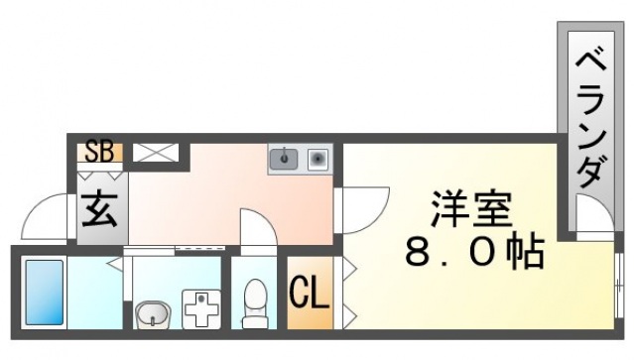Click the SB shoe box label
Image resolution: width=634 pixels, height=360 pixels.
pyautogui.click(x=99, y=153)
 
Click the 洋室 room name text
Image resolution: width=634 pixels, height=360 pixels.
pyautogui.click(x=470, y=208)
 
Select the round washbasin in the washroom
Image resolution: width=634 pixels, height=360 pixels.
pyautogui.click(x=151, y=313)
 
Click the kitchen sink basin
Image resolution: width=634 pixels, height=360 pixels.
pyautogui.click(x=285, y=157)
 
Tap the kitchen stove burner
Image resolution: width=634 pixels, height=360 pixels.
pyautogui.click(x=317, y=157)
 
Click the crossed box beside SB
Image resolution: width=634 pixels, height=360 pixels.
pyautogui.click(x=153, y=153)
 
